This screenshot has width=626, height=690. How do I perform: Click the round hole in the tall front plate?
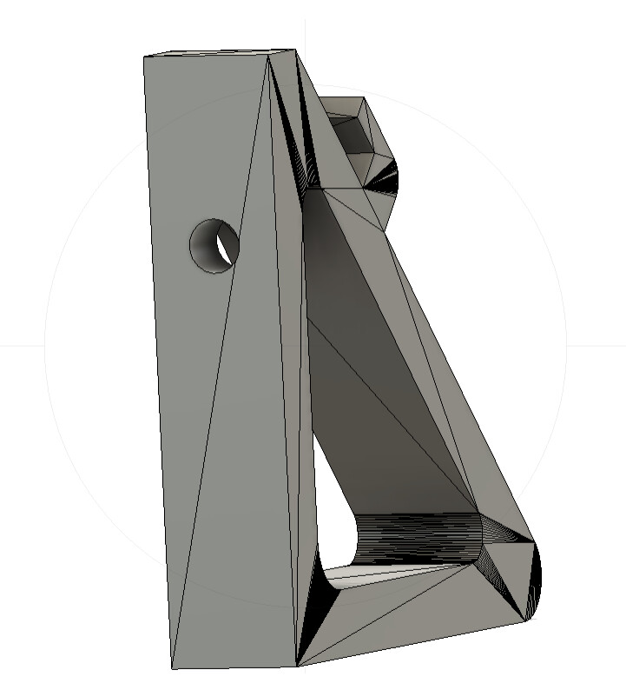[x=213, y=246]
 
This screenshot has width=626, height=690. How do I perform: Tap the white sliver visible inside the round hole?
[x=227, y=249]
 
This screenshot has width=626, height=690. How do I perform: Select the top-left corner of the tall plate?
[x=144, y=57]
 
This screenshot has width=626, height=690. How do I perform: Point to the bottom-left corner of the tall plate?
[x=172, y=668]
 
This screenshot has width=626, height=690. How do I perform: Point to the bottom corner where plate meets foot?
[x=298, y=666]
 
